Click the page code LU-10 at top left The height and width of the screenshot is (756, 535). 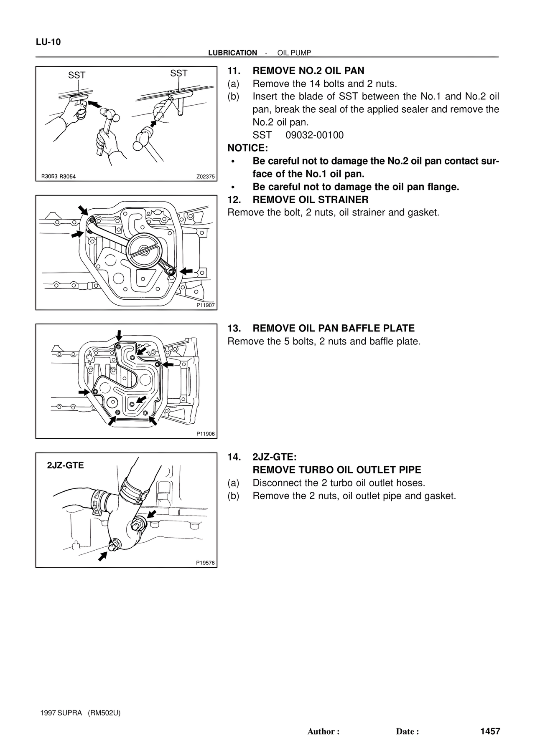(48, 42)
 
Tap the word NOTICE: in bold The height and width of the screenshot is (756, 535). (247, 148)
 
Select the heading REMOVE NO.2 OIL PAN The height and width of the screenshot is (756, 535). (308, 71)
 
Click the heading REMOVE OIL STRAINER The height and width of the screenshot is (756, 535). (311, 200)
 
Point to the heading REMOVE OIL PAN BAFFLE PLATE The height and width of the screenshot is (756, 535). (334, 329)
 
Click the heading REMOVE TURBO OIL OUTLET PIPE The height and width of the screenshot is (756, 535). (337, 470)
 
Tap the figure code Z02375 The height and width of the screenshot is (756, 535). (205, 177)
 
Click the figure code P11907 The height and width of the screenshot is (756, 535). (205, 305)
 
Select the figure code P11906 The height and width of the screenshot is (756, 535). (205, 434)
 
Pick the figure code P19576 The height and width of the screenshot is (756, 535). (205, 563)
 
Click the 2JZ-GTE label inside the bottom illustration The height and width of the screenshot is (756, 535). (66, 465)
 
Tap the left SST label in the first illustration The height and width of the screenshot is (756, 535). (77, 75)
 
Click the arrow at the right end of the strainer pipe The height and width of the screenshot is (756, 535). (187, 271)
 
